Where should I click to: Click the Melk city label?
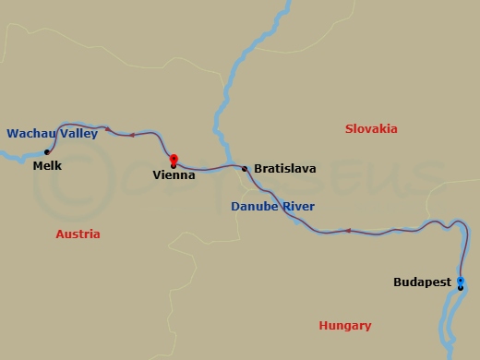point(46,167)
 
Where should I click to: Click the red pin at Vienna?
point(174,159)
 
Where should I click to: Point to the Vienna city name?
point(174,174)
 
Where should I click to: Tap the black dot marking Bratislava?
point(244,169)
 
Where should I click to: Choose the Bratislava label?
point(284,169)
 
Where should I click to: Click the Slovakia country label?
point(371,128)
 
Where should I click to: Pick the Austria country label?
point(78,234)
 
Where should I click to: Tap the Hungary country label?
point(344,325)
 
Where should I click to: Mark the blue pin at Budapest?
point(460,281)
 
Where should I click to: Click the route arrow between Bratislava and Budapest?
point(348,230)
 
